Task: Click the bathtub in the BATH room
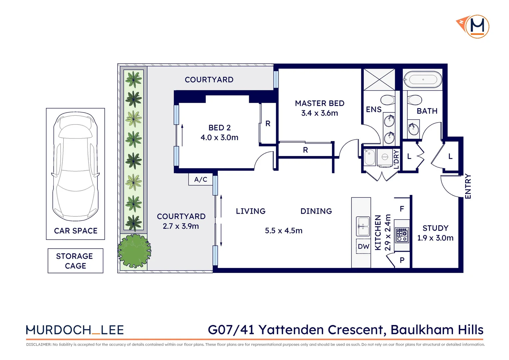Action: pyautogui.click(x=423, y=80)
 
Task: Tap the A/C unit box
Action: pyautogui.click(x=201, y=179)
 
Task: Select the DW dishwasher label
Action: pyautogui.click(x=363, y=246)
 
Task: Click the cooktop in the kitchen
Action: pyautogui.click(x=402, y=235)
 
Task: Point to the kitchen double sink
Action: pyautogui.click(x=363, y=226)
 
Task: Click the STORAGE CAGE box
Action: pyautogui.click(x=75, y=261)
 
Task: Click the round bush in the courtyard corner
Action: pyautogui.click(x=134, y=251)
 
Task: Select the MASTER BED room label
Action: pyautogui.click(x=319, y=103)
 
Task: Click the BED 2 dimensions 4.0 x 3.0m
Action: pyautogui.click(x=219, y=137)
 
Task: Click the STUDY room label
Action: pyautogui.click(x=435, y=228)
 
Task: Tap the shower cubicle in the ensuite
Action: pyautogui.click(x=379, y=79)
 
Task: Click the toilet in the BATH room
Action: pyautogui.click(x=414, y=100)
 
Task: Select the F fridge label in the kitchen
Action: pyautogui.click(x=402, y=209)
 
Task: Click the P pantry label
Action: pyautogui.click(x=402, y=260)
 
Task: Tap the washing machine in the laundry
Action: pyautogui.click(x=385, y=157)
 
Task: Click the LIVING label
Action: pyautogui.click(x=251, y=211)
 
